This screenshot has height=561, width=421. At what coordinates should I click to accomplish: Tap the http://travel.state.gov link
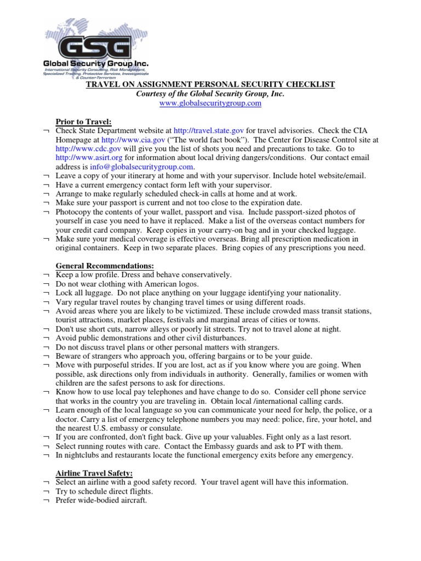(x=204, y=131)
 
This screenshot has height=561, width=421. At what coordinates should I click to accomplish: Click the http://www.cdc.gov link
(x=83, y=148)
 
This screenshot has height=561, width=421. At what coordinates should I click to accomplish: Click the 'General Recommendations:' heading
(x=101, y=265)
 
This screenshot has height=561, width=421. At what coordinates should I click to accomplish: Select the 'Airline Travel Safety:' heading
(x=94, y=472)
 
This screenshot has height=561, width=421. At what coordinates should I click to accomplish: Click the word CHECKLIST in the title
(x=311, y=84)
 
